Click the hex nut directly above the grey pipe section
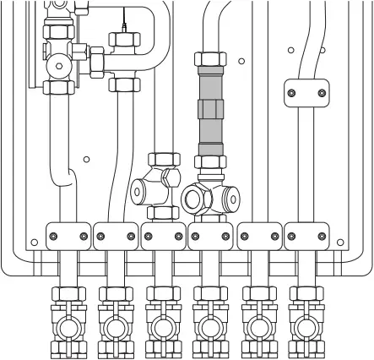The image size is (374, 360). pyautogui.click(x=210, y=62)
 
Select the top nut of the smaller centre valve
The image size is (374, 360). pyautogui.click(x=160, y=160)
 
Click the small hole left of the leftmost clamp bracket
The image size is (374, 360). pyautogui.click(x=34, y=243)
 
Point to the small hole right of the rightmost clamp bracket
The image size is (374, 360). pyautogui.click(x=340, y=243)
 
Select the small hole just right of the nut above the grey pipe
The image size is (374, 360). pyautogui.click(x=241, y=62)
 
